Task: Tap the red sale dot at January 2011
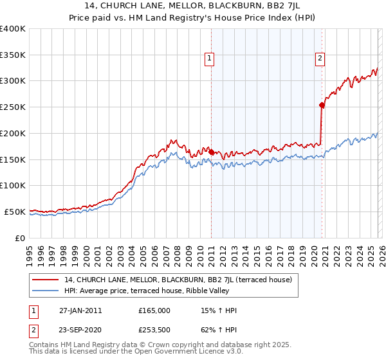pos(211,152)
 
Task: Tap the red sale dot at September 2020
pos(322,105)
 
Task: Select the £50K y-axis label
pos(15,212)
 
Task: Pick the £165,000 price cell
pos(154,310)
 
